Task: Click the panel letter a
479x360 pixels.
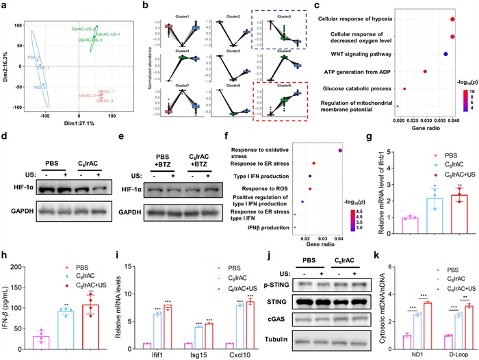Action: (x=4, y=5)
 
